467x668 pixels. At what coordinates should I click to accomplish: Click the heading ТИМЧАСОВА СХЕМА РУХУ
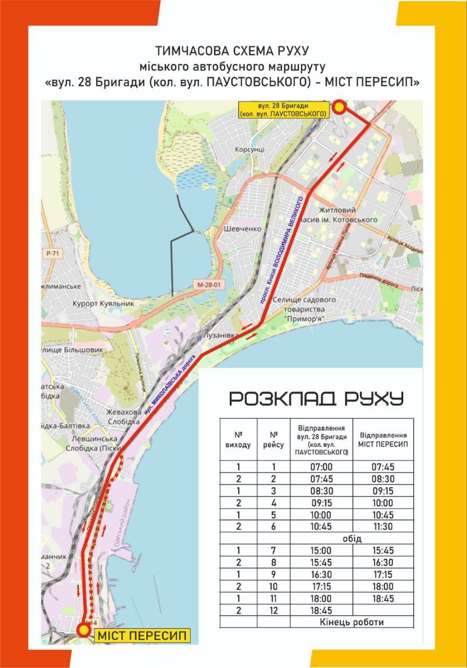click(232, 51)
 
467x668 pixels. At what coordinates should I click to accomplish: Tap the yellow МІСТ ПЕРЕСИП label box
click(141, 636)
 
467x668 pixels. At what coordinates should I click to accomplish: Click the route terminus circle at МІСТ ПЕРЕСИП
click(84, 630)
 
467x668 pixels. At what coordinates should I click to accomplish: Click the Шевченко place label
click(242, 229)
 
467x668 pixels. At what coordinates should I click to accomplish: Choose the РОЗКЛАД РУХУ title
click(317, 399)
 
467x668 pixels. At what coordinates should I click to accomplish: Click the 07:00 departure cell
click(321, 467)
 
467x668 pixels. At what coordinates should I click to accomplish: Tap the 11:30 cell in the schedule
click(383, 527)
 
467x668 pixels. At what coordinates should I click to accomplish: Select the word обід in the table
click(353, 539)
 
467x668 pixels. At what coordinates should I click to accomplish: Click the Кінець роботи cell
click(352, 622)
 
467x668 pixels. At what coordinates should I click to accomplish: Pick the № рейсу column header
click(273, 439)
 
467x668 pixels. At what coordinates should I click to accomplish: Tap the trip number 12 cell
click(273, 610)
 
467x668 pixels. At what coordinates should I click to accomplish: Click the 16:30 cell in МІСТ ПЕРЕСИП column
click(383, 563)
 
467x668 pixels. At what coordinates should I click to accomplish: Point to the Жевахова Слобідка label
click(123, 416)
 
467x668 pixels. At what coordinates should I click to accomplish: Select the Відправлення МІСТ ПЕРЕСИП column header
click(383, 439)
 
